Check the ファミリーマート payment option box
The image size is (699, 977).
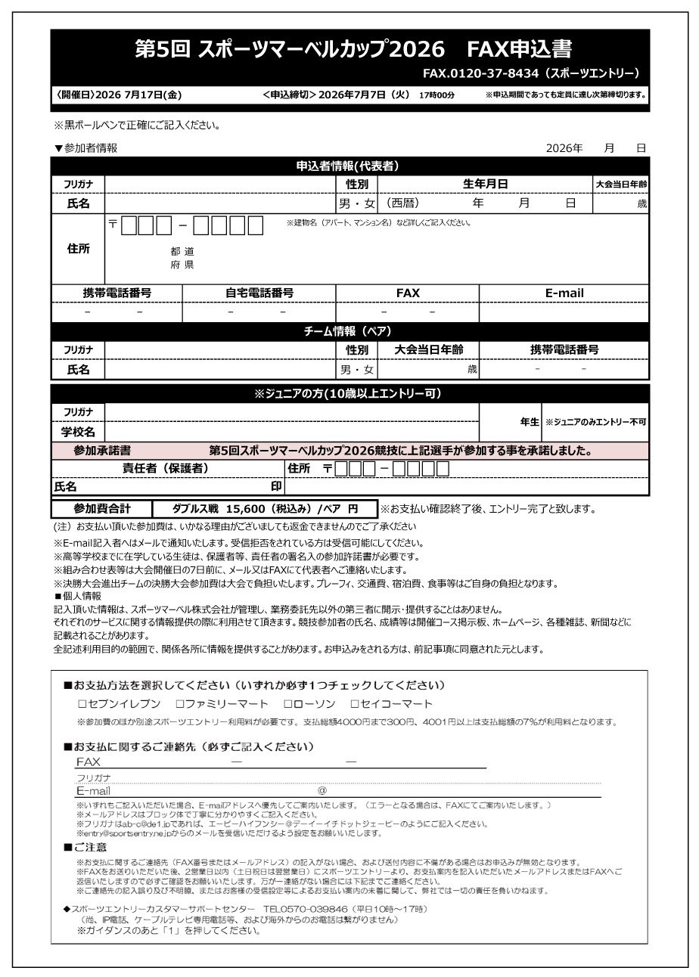pos(180,703)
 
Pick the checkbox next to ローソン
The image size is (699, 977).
pos(278,703)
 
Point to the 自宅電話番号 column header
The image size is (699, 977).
pos(259,293)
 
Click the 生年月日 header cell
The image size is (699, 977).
pos(484,184)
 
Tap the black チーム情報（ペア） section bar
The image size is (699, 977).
pos(350,331)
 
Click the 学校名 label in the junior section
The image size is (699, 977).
pos(78,432)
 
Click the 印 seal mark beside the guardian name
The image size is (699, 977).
pos(276,487)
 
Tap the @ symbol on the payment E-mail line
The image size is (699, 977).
pos(322,791)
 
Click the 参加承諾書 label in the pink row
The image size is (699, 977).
pos(102,451)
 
